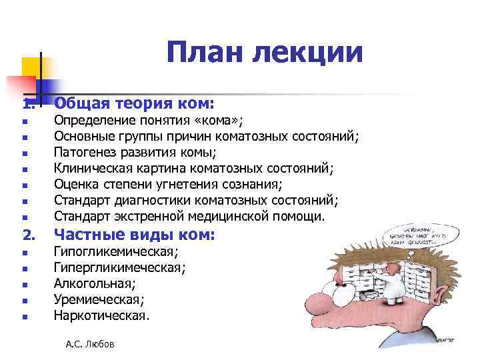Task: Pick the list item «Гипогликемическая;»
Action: point(116,252)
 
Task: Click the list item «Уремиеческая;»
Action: point(98,300)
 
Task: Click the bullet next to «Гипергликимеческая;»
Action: point(23,269)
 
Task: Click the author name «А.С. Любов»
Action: point(90,344)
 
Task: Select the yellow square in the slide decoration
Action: point(31,67)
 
